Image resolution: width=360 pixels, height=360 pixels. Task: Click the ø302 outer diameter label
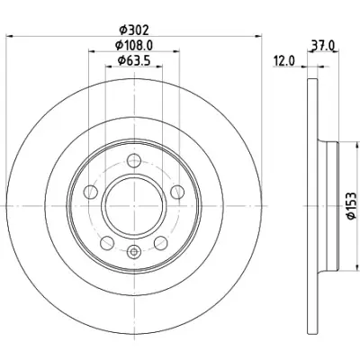(134, 31)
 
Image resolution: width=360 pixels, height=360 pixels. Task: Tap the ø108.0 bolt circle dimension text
(134, 46)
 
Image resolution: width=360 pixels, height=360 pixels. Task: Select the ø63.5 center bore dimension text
(134, 61)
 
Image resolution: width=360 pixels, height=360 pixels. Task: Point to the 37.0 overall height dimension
(323, 46)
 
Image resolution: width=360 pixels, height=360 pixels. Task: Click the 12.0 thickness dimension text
(284, 61)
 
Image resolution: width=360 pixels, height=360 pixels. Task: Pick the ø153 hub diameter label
(352, 206)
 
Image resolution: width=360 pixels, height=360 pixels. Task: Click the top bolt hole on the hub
(134, 161)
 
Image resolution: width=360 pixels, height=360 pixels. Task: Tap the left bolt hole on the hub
(91, 192)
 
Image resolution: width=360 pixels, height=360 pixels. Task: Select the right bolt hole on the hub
(177, 192)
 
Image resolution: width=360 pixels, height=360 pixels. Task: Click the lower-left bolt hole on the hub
(107, 243)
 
